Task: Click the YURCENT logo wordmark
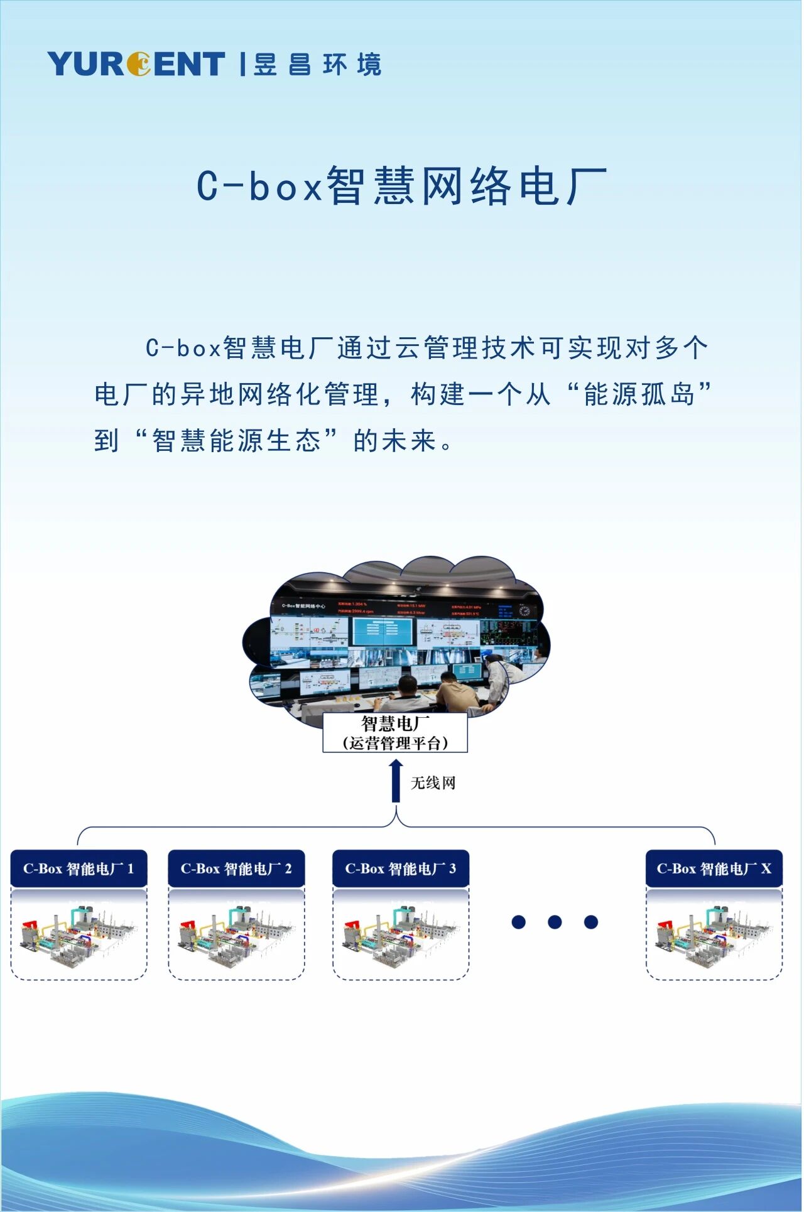coord(136,63)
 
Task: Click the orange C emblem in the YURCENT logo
coord(139,63)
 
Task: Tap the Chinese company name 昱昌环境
coord(317,64)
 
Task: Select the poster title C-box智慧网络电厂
coord(402,186)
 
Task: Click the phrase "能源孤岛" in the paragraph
coord(639,394)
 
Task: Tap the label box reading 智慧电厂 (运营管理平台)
coord(395,733)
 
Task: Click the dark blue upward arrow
coord(396,781)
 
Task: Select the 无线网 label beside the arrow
coord(433,783)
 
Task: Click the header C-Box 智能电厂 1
coord(79,869)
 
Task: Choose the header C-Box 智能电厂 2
coord(236,869)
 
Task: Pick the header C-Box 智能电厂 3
coord(401,869)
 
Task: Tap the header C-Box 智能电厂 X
coord(714,869)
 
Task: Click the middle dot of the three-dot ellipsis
coord(555,922)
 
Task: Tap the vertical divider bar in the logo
coord(242,64)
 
